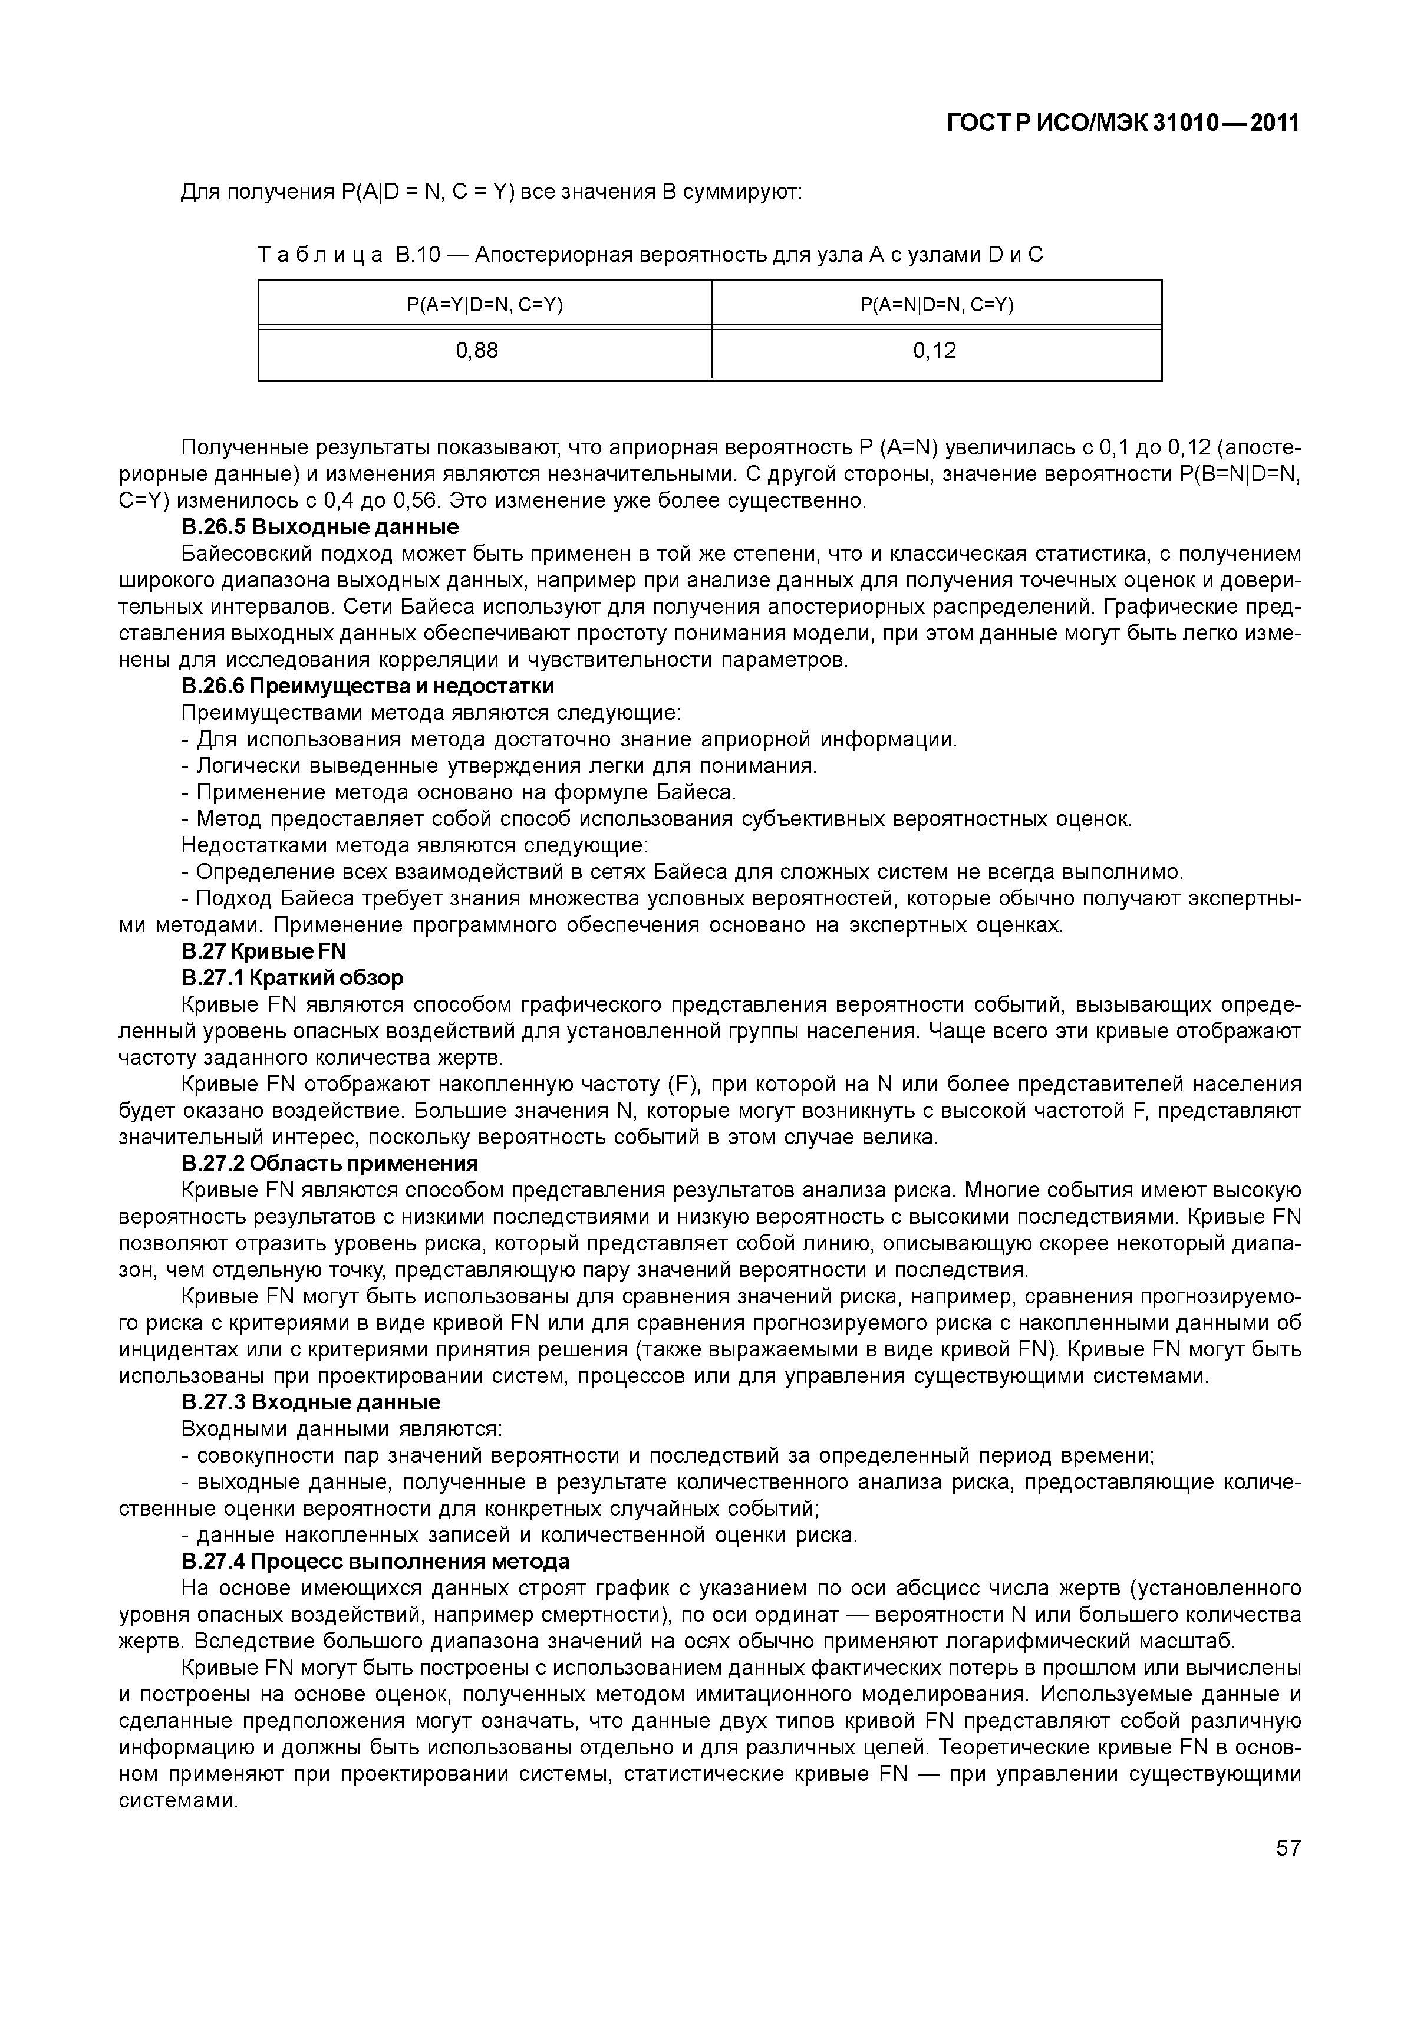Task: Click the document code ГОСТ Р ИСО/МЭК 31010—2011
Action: [1123, 124]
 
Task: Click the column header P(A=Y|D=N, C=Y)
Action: [485, 305]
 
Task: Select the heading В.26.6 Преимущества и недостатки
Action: [368, 686]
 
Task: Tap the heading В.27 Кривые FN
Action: [264, 951]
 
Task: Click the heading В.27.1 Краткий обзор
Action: [292, 978]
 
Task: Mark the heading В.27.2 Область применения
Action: [329, 1164]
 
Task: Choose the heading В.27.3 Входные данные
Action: [311, 1402]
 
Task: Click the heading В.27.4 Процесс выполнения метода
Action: [375, 1562]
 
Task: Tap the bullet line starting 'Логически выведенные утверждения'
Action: [499, 766]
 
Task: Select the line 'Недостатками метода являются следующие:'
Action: [414, 846]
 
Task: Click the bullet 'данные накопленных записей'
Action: [519, 1536]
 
